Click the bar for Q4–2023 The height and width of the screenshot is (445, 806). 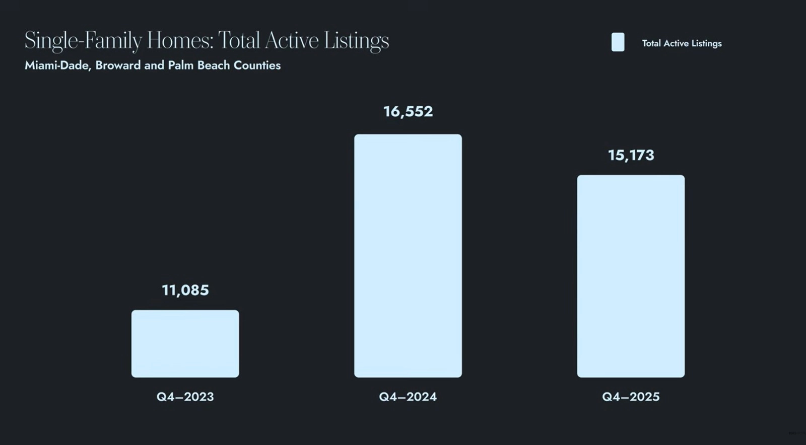click(x=185, y=344)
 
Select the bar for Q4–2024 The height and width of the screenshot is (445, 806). click(x=408, y=256)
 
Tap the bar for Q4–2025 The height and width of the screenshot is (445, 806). click(x=631, y=276)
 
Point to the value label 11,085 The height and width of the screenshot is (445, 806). click(x=185, y=290)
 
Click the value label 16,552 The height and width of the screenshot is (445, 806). click(x=408, y=111)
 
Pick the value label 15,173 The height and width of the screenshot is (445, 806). click(x=631, y=155)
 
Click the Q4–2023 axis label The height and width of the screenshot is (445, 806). click(x=185, y=397)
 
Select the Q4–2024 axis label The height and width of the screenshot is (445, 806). click(x=408, y=397)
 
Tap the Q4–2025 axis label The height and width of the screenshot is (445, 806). click(x=631, y=397)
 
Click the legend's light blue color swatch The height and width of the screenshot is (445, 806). click(x=618, y=42)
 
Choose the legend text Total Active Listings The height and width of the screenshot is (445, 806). click(x=682, y=43)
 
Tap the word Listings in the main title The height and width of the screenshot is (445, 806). click(x=356, y=41)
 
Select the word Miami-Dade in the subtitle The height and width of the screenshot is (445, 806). click(x=57, y=65)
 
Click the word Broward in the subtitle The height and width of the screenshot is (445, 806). click(x=118, y=65)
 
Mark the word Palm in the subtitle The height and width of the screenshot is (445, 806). click(x=181, y=65)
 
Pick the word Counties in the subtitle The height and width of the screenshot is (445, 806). click(x=257, y=65)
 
